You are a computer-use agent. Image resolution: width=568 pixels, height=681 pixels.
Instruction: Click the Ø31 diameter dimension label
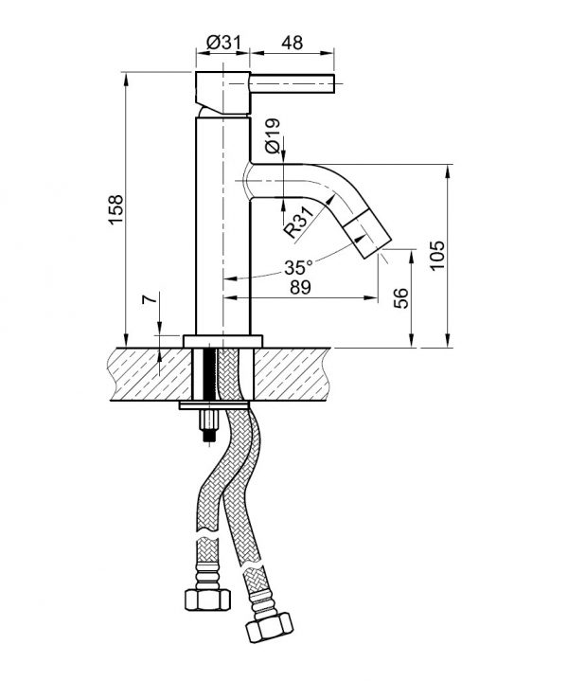point(223,43)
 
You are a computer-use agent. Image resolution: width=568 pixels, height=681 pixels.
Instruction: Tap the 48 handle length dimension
point(293,43)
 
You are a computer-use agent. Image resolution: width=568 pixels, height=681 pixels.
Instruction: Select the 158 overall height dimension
point(115,209)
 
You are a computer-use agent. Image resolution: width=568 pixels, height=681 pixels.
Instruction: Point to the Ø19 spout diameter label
point(273,136)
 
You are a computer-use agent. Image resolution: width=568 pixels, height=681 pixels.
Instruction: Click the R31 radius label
point(298,222)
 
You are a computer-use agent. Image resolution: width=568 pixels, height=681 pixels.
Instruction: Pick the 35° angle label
point(298,267)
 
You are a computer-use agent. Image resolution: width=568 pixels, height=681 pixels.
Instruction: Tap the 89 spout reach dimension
point(300,287)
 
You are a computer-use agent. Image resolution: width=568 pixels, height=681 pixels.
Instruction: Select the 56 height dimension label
point(401,298)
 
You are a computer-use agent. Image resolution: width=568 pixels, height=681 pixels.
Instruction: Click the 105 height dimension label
point(437,256)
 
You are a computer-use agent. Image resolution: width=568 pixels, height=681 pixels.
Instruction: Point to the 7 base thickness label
point(149,300)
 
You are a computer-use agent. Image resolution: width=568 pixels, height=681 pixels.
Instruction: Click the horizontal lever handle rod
point(293,83)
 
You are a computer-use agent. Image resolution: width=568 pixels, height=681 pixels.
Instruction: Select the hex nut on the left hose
point(207,600)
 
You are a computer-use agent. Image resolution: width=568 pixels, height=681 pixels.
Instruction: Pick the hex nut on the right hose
point(269,629)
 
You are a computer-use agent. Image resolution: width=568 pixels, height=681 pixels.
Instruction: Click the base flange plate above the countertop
point(222,341)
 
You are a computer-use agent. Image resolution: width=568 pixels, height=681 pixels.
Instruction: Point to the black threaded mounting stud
point(211,376)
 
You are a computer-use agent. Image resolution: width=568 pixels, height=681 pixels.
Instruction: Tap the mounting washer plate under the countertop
point(214,406)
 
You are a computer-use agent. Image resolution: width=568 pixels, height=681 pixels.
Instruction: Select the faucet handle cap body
point(222,94)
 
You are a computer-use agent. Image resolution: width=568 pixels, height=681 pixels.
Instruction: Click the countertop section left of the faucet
point(151,374)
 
